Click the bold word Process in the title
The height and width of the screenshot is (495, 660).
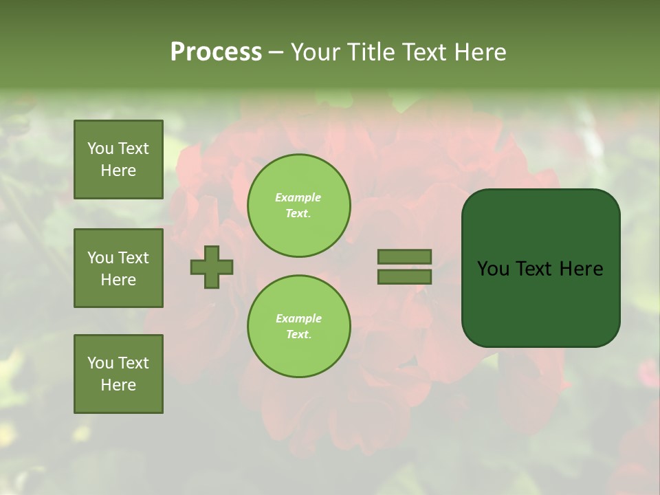(216, 52)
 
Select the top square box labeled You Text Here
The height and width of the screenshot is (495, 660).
(118, 159)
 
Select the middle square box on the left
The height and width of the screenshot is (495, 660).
(118, 268)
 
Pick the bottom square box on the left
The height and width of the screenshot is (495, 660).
(118, 374)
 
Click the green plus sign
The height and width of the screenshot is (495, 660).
(212, 267)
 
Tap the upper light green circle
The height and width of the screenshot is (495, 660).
(299, 206)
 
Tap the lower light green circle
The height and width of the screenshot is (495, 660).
(299, 327)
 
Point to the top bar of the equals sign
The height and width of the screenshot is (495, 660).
(404, 256)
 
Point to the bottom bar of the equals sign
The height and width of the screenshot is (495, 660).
(404, 277)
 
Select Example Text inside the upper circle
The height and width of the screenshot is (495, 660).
(298, 206)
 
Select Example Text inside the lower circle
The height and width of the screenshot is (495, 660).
(298, 327)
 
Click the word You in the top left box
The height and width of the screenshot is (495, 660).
(100, 148)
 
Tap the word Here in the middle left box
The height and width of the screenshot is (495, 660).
(118, 280)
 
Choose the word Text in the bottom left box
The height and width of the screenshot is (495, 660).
(133, 363)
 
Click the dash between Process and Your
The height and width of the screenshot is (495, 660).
(276, 52)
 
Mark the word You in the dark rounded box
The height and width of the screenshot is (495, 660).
(493, 269)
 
